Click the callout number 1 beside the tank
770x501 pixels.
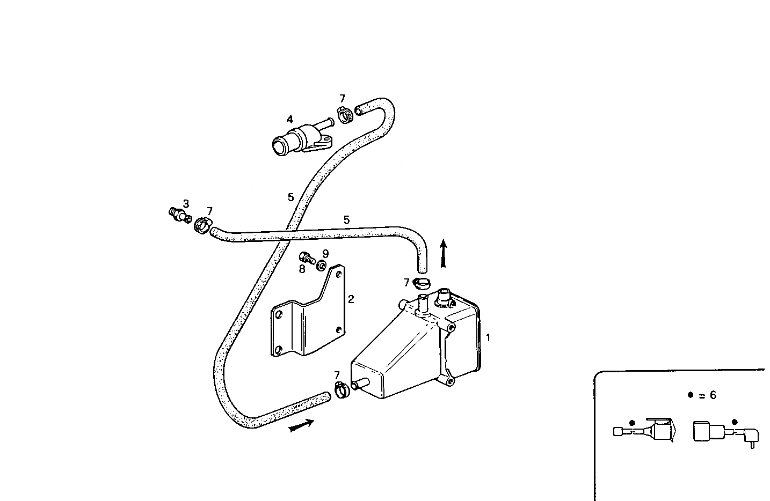click(x=488, y=338)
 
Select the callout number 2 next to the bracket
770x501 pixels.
click(x=351, y=299)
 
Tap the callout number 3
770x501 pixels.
click(x=186, y=204)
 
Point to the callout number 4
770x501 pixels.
click(x=289, y=119)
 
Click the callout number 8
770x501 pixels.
click(x=302, y=269)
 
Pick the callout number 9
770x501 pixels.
click(x=325, y=253)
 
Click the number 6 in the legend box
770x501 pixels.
click(x=713, y=395)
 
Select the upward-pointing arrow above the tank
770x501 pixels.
click(x=443, y=253)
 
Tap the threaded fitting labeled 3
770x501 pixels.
click(x=179, y=215)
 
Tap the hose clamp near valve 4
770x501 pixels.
click(x=345, y=114)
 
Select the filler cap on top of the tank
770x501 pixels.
click(x=445, y=296)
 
